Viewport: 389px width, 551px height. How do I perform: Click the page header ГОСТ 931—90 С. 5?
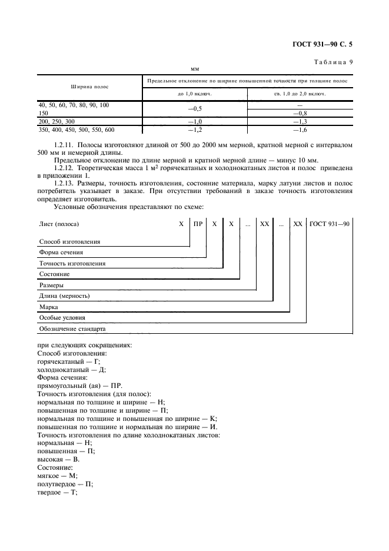click(x=325, y=44)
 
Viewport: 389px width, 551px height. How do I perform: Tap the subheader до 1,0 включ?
click(x=195, y=93)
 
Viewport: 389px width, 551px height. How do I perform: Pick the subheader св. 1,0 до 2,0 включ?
click(x=300, y=93)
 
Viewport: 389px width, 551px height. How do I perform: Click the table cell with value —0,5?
click(x=195, y=108)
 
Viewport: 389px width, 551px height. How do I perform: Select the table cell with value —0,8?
click(x=300, y=112)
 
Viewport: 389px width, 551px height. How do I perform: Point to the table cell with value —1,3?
click(x=300, y=121)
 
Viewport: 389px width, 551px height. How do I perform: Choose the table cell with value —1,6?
click(x=300, y=129)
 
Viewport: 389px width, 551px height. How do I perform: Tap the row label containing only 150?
click(x=44, y=112)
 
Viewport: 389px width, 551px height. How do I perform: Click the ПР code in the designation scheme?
click(x=198, y=224)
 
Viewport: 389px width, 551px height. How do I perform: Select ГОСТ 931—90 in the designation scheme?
click(x=330, y=224)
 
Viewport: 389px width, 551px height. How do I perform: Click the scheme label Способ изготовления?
click(x=69, y=241)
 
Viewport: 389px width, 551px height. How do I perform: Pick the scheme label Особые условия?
click(x=62, y=317)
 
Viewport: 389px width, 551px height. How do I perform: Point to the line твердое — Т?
click(x=57, y=492)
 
